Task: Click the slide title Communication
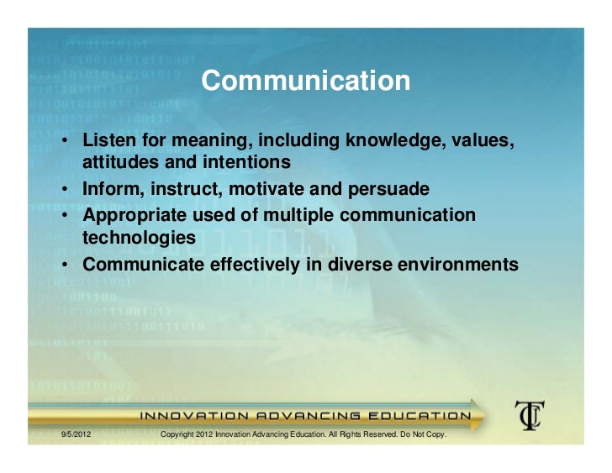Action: point(306,81)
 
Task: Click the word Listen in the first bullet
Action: point(106,139)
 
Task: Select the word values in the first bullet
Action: point(482,139)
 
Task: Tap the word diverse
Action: point(351,265)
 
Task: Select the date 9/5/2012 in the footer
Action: point(76,435)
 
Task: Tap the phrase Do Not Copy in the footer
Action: point(425,435)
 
